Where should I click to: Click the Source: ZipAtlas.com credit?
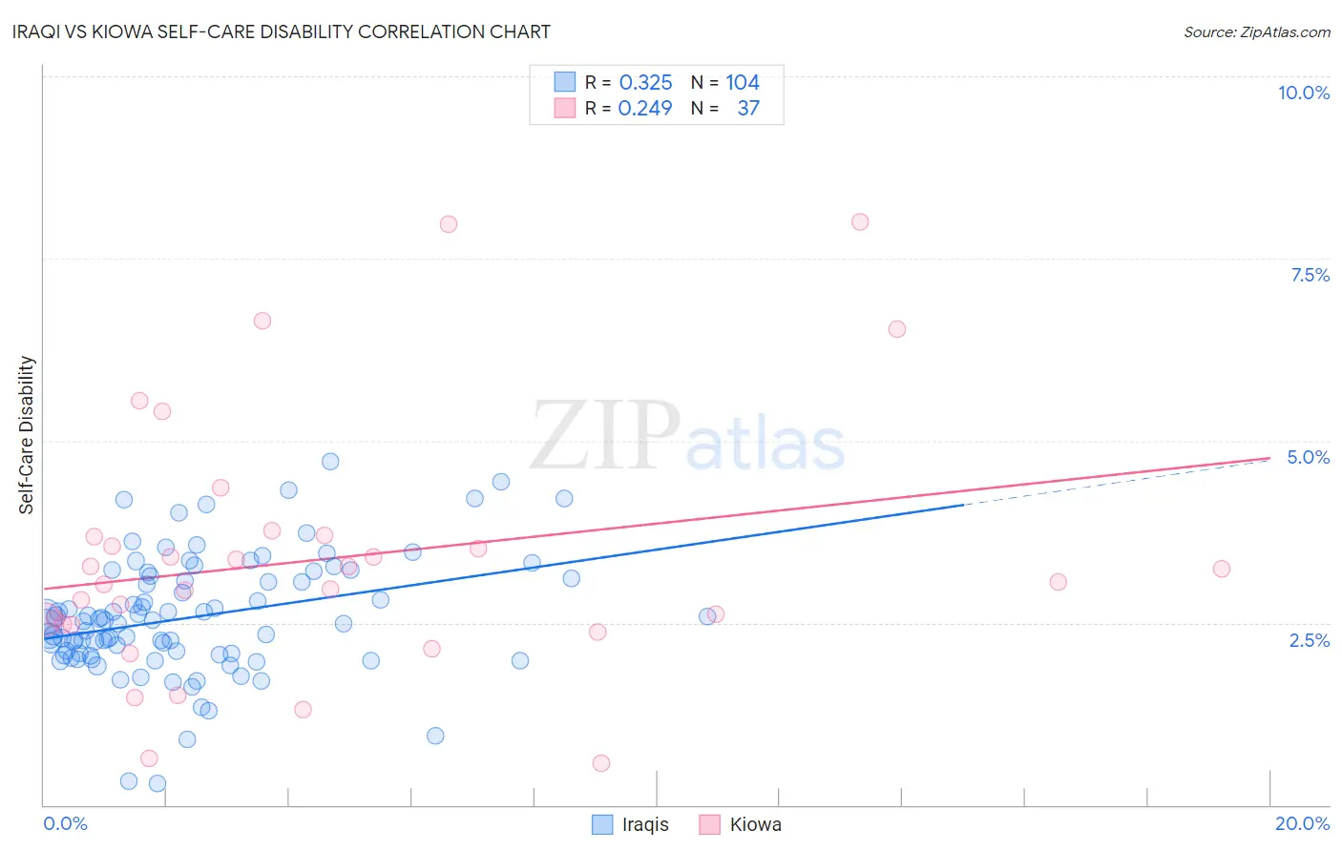tap(1256, 31)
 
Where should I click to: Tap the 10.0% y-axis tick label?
tap(1303, 93)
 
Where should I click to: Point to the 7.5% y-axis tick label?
tap(1310, 275)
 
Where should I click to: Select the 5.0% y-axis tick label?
tap(1308, 457)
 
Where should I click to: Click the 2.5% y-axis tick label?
tap(1309, 640)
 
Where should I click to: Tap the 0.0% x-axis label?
tap(65, 823)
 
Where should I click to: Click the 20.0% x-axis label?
tap(1302, 823)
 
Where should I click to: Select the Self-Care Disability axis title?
tap(27, 435)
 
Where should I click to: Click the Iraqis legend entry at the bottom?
tap(630, 824)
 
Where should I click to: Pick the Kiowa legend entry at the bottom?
tap(741, 824)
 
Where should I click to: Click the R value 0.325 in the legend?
tap(645, 83)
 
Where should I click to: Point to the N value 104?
tap(742, 83)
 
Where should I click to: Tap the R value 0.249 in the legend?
tap(645, 109)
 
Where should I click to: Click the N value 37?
tap(748, 109)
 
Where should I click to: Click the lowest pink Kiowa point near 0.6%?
tap(600, 763)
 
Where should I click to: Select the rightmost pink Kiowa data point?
tap(1221, 569)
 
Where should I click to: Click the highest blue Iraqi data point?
tap(330, 462)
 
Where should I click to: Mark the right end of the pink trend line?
tap(1269, 458)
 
